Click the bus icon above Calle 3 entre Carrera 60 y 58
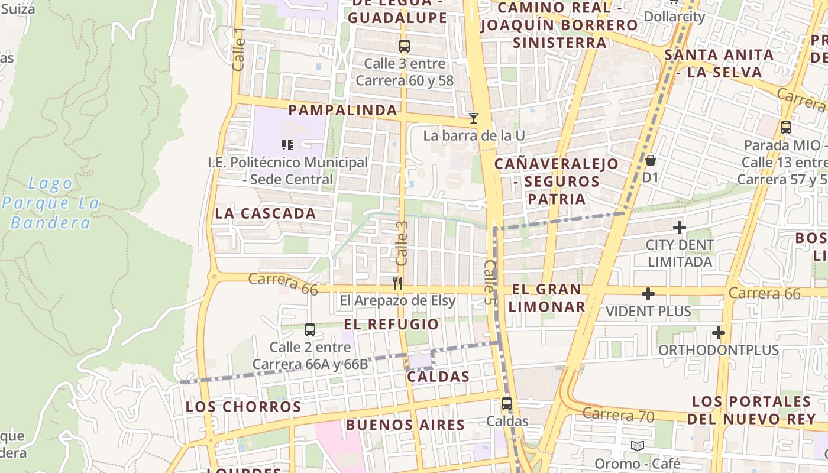click(405, 46)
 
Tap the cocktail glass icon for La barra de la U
click(474, 118)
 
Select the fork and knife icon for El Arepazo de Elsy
click(397, 283)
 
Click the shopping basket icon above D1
click(651, 160)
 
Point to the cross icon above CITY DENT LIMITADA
click(680, 227)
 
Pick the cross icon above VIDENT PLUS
click(648, 294)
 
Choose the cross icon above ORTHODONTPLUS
click(719, 333)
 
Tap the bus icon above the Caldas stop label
click(507, 404)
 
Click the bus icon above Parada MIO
click(786, 128)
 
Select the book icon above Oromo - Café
click(637, 446)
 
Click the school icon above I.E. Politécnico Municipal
click(287, 144)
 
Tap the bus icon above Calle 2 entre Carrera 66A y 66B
click(309, 330)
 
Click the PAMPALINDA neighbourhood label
click(342, 110)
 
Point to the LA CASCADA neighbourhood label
click(266, 213)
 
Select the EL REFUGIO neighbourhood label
click(392, 324)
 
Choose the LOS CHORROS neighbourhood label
click(244, 407)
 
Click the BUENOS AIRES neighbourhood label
click(405, 425)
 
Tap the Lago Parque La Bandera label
click(50, 203)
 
